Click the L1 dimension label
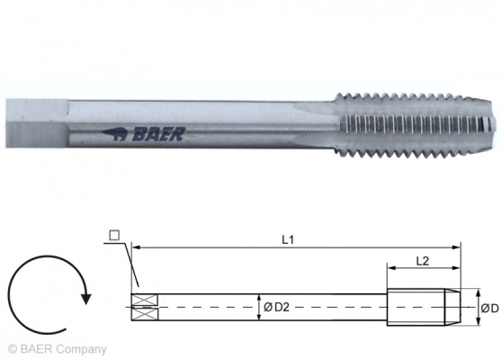(x=287, y=238)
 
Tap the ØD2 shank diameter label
(x=273, y=308)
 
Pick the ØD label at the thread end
(x=487, y=308)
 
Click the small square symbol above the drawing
(x=113, y=237)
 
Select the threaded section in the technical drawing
(x=423, y=306)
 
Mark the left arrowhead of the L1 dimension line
(x=136, y=246)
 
